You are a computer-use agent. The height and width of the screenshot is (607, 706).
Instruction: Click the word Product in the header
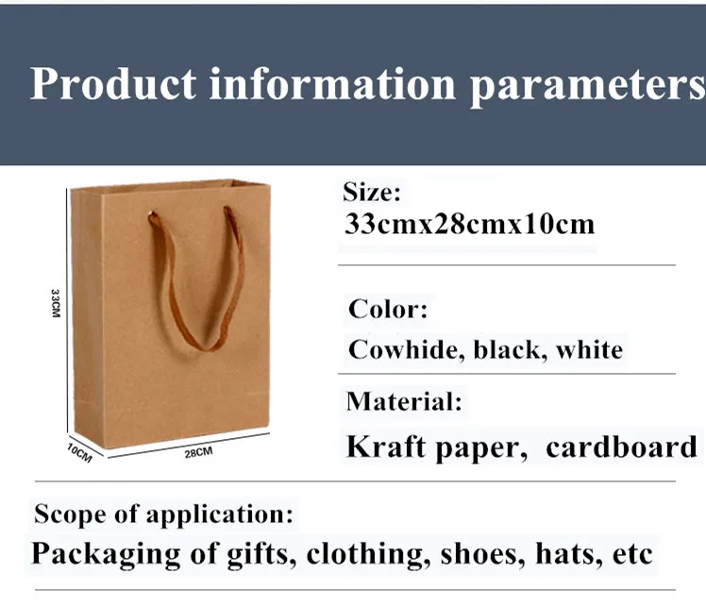point(113,84)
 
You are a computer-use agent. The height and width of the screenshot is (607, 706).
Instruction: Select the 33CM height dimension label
point(55,304)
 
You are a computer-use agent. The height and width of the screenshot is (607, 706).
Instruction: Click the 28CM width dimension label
point(198,452)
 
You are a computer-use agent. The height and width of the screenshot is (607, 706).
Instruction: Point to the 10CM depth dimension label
point(79,453)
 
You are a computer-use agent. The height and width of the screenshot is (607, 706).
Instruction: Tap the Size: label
point(372,193)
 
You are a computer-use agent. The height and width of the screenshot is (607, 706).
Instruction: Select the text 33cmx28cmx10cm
point(469,224)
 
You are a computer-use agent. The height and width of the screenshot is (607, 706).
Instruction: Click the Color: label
point(388,310)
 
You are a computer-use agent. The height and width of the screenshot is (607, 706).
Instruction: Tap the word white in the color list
point(589,350)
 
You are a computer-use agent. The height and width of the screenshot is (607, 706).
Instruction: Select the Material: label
point(404,401)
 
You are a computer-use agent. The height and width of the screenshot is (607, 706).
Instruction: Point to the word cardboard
point(621,447)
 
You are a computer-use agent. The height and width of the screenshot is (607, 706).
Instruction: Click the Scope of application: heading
point(163,514)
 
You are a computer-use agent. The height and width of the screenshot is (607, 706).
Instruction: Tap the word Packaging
point(106,554)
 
